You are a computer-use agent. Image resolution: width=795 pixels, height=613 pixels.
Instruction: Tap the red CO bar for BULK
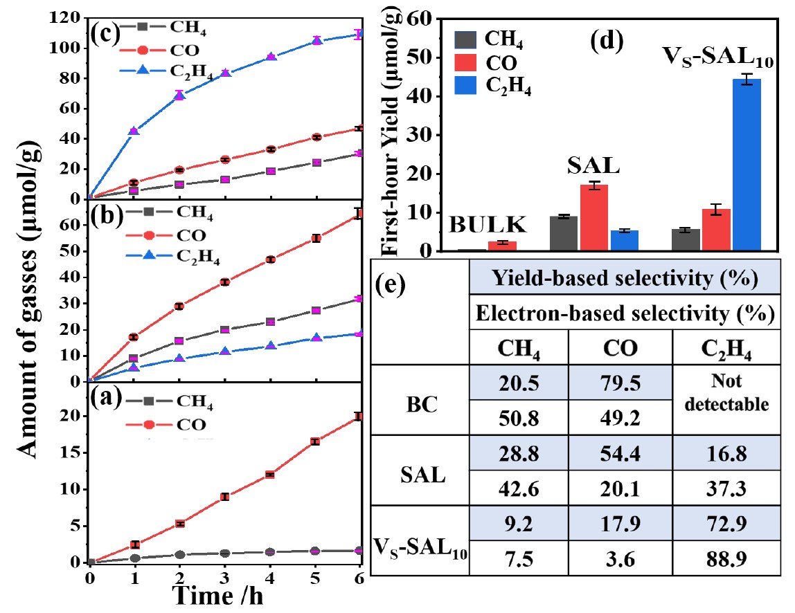[x=502, y=246]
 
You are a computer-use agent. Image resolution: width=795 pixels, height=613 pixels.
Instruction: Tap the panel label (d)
[x=607, y=42]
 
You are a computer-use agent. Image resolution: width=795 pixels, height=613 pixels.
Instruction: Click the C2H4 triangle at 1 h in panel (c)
[x=134, y=131]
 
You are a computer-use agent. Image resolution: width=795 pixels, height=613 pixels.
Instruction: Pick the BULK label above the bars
[x=488, y=225]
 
